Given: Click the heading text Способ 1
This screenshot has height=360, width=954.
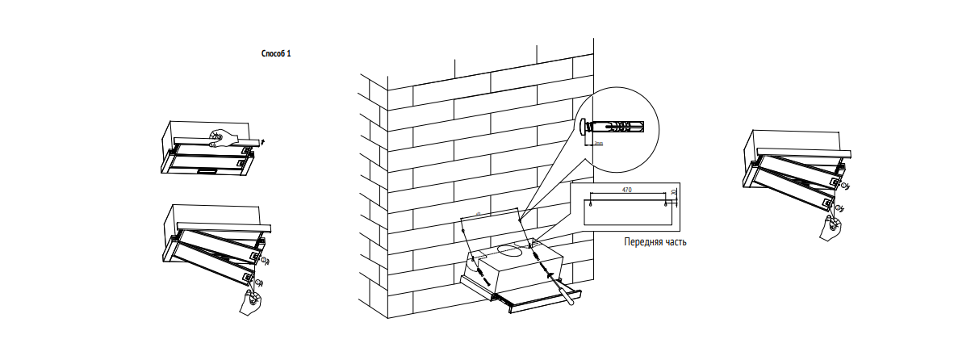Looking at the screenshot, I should click(276, 53).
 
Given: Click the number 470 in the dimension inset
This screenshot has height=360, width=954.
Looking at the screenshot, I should click(626, 189).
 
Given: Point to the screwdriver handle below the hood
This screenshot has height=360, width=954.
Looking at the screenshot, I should click(570, 295).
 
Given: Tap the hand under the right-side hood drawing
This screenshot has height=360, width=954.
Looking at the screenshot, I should click(829, 228).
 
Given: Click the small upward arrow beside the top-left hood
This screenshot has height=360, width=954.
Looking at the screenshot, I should click(264, 141).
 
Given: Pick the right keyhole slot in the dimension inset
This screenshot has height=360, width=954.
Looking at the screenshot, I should click(665, 204).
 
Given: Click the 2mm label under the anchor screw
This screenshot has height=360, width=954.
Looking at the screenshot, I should click(598, 142).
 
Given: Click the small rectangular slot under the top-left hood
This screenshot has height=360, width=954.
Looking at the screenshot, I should click(207, 170).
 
